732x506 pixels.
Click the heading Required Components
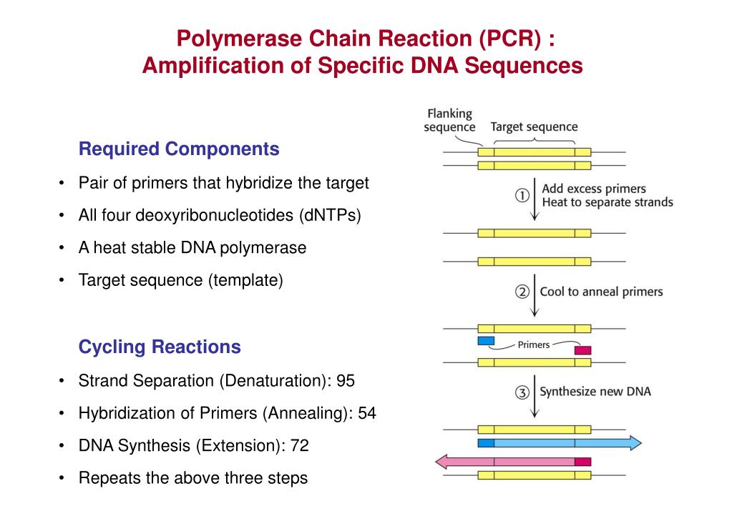178,149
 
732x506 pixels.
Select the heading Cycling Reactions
159,347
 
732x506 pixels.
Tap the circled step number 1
522,196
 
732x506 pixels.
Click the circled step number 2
522,292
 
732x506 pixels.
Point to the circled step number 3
522,392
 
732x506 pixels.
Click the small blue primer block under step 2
486,340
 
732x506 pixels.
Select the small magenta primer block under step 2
582,350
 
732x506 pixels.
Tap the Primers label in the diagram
534,344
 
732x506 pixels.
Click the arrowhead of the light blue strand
635,443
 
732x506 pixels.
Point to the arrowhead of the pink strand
444,462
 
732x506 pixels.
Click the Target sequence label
534,127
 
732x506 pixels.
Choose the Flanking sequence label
449,120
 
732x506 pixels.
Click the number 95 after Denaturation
346,381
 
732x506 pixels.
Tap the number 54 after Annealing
367,413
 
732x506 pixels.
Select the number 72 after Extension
300,446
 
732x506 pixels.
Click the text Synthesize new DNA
595,392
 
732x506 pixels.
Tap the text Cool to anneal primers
601,292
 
